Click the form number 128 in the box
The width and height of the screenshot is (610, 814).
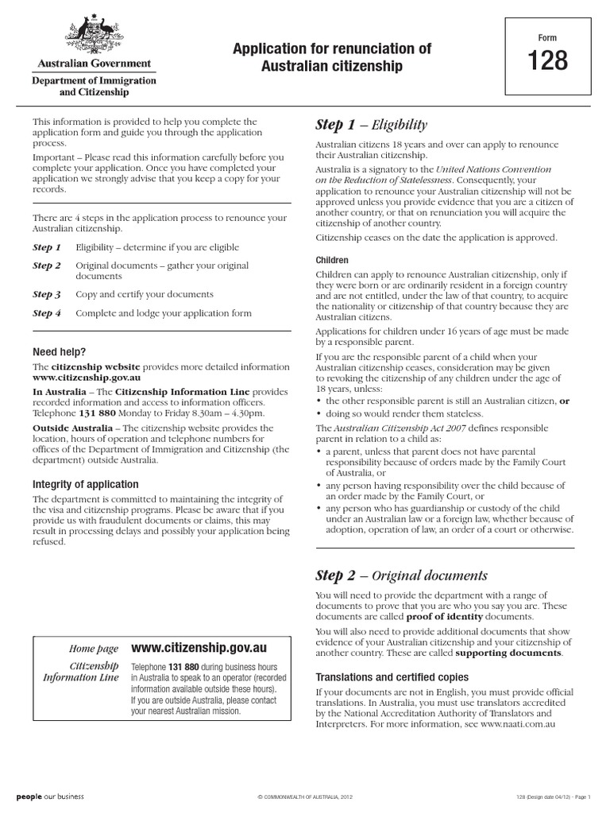pos(548,61)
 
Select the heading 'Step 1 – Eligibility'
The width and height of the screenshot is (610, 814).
pos(372,125)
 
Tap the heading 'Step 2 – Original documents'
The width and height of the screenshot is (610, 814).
pos(401,576)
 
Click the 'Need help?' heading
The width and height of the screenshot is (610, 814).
pos(59,351)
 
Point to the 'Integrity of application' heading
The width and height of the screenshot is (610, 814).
pos(85,484)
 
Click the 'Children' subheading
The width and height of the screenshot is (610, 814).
pos(332,260)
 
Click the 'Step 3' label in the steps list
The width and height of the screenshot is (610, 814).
pos(47,294)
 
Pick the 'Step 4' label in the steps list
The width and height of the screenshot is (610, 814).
pos(47,313)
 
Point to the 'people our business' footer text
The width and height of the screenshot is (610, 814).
pos(49,797)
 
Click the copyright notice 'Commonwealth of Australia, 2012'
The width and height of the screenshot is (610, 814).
pos(304,797)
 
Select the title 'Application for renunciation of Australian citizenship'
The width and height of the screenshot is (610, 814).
pos(332,58)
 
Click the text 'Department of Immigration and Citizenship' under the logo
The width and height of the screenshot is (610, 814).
pos(94,86)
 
